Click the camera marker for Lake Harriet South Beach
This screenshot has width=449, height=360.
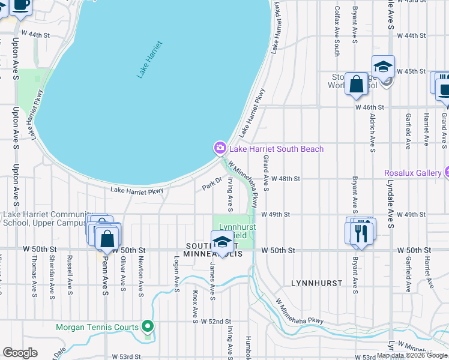[x=220, y=148]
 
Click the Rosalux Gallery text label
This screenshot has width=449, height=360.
[x=413, y=173]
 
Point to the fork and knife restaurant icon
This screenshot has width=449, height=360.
[x=361, y=233]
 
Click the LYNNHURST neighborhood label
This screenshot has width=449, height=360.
[x=316, y=283]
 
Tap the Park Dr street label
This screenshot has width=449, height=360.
[x=212, y=183]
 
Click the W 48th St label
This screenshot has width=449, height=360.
[x=285, y=179]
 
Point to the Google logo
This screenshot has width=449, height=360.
[x=20, y=353]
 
